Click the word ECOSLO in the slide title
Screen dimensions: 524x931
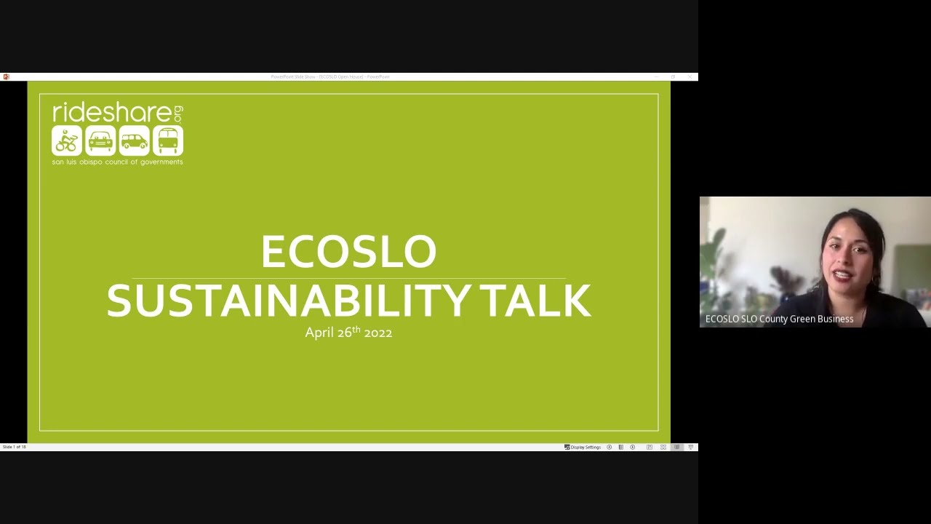[348, 252]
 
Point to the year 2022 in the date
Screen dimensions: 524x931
[378, 333]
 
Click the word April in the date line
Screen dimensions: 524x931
[319, 333]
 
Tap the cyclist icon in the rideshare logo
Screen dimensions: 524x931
[67, 140]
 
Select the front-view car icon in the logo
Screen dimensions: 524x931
[100, 140]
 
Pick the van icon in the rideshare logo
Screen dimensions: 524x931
[134, 140]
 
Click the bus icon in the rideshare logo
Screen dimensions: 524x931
[167, 140]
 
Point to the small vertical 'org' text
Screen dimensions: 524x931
[178, 114]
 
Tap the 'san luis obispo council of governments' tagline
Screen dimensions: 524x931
[117, 162]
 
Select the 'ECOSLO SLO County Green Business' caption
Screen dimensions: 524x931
[779, 319]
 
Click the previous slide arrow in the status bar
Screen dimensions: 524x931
[610, 447]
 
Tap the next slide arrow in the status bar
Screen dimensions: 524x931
[633, 447]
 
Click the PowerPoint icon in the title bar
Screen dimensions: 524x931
[6, 76]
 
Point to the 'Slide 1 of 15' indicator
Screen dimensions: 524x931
[14, 447]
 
